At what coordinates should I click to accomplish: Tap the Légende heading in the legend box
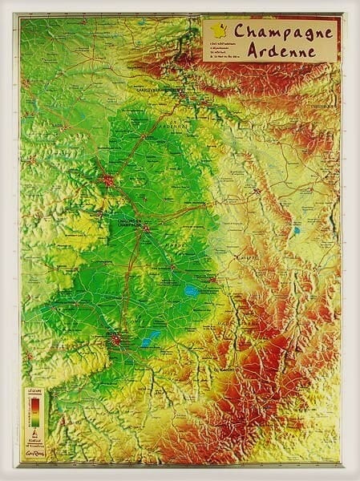coord(34,391)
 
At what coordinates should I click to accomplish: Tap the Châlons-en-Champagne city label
coord(127,220)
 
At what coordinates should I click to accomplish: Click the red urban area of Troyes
coord(117,341)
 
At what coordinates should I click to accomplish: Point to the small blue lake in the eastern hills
coord(296,231)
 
